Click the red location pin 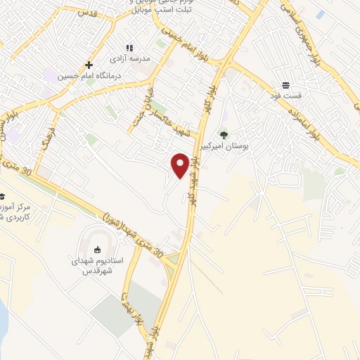(181, 165)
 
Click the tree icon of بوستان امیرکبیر (224, 134)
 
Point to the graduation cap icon (2, 197)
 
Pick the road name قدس (87, 13)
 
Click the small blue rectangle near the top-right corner (321, 14)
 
